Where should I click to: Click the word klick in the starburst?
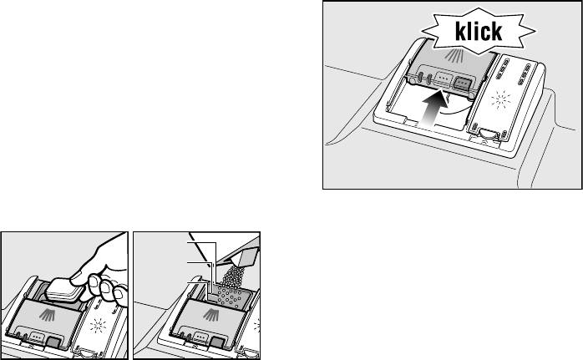tap(479, 31)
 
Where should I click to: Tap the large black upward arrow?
tap(433, 109)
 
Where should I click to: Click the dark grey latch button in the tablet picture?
tap(54, 342)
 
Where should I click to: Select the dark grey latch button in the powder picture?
tap(217, 342)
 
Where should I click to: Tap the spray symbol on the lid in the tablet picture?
tap(48, 315)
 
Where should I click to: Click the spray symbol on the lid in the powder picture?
tap(211, 315)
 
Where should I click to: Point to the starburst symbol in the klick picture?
tap(500, 99)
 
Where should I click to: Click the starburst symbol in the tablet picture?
tap(99, 325)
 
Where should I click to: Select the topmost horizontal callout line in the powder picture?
tap(202, 242)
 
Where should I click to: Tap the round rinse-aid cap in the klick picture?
tap(486, 133)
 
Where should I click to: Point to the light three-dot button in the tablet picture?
tap(37, 337)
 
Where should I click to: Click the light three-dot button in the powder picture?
tap(200, 337)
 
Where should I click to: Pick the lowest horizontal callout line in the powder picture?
tap(197, 282)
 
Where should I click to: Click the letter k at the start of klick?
tap(459, 31)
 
